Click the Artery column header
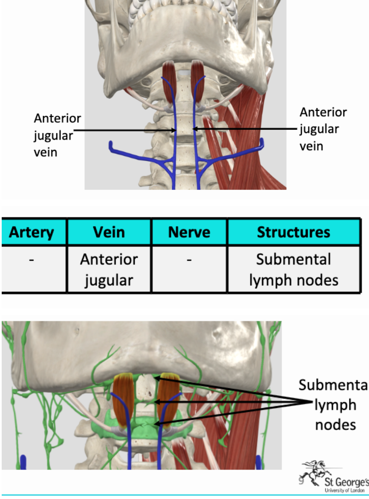coord(32,232)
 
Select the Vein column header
coord(109,232)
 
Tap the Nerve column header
coord(189,232)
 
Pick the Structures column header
coord(293,232)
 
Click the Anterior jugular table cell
coord(109,270)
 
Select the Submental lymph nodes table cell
coord(293,270)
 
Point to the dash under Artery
coord(32,260)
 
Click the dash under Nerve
coord(189,260)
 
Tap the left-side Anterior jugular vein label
coord(57,135)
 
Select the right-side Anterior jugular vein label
coord(323,129)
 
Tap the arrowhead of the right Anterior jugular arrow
coord(194,128)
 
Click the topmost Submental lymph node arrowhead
coord(156,376)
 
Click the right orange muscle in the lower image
coord(167,400)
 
